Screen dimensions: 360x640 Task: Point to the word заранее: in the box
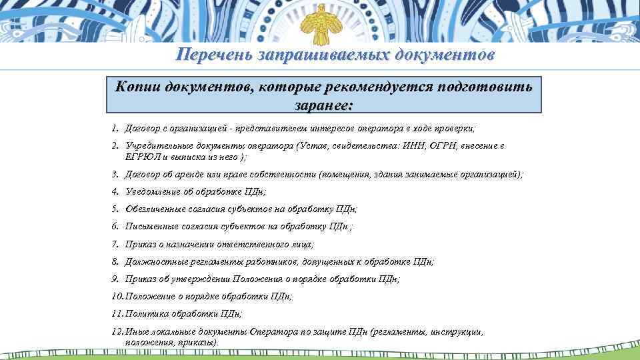point(323,105)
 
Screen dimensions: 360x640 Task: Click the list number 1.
point(115,127)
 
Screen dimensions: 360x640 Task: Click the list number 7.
point(115,245)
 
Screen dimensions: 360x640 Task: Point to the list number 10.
point(117,296)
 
